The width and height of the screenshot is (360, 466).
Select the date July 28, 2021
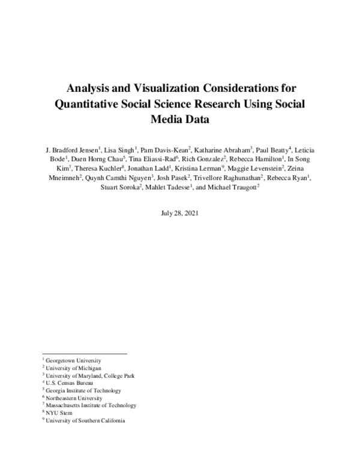coord(179,213)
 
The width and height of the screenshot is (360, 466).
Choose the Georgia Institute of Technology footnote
coord(79,390)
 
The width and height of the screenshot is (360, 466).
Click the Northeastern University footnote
coord(72,398)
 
